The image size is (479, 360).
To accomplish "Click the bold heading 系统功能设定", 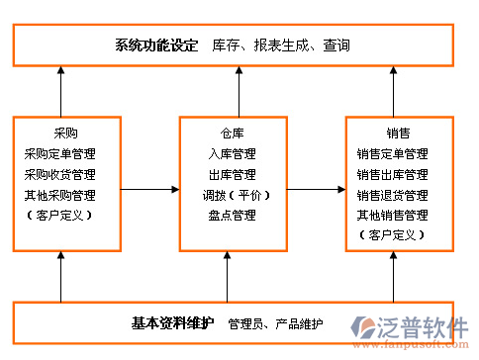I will pyautogui.click(x=155, y=45).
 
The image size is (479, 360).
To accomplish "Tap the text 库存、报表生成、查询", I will pyautogui.click(x=281, y=45).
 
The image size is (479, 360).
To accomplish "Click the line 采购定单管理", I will pyautogui.click(x=66, y=153).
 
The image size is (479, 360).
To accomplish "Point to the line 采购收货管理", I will pyautogui.click(x=66, y=174).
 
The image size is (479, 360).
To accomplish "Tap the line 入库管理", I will pyautogui.click(x=232, y=153).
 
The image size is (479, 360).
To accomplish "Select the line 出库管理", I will pyautogui.click(x=232, y=174).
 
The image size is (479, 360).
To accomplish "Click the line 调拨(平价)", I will pyautogui.click(x=232, y=195).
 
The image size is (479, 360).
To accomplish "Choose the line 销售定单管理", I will pyautogui.click(x=393, y=153).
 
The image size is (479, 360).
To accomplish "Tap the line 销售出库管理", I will pyautogui.click(x=393, y=174).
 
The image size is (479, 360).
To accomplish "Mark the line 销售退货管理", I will pyautogui.click(x=393, y=195).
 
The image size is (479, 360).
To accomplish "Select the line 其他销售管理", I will pyautogui.click(x=393, y=215).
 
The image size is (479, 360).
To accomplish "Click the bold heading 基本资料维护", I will pyautogui.click(x=171, y=322).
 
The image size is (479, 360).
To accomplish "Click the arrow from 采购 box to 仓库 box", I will pyautogui.click(x=149, y=189).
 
